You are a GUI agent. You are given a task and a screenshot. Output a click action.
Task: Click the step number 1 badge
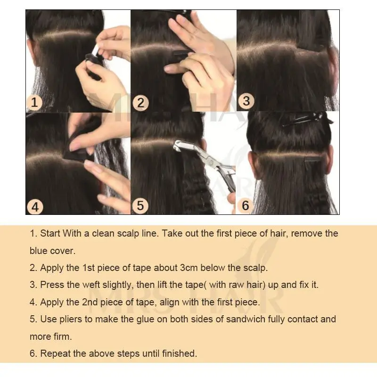34,102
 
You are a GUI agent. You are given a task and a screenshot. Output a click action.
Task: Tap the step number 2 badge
140,103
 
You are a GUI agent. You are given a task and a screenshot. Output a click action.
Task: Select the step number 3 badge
246,100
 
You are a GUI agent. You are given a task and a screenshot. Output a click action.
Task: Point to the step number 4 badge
35,207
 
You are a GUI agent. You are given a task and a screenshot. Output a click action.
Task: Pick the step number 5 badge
140,206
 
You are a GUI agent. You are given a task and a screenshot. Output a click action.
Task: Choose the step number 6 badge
246,205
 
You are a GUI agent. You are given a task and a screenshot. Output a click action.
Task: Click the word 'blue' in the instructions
39,251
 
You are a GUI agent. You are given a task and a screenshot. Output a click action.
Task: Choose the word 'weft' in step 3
91,285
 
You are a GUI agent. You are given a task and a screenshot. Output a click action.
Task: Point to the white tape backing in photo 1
96,50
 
